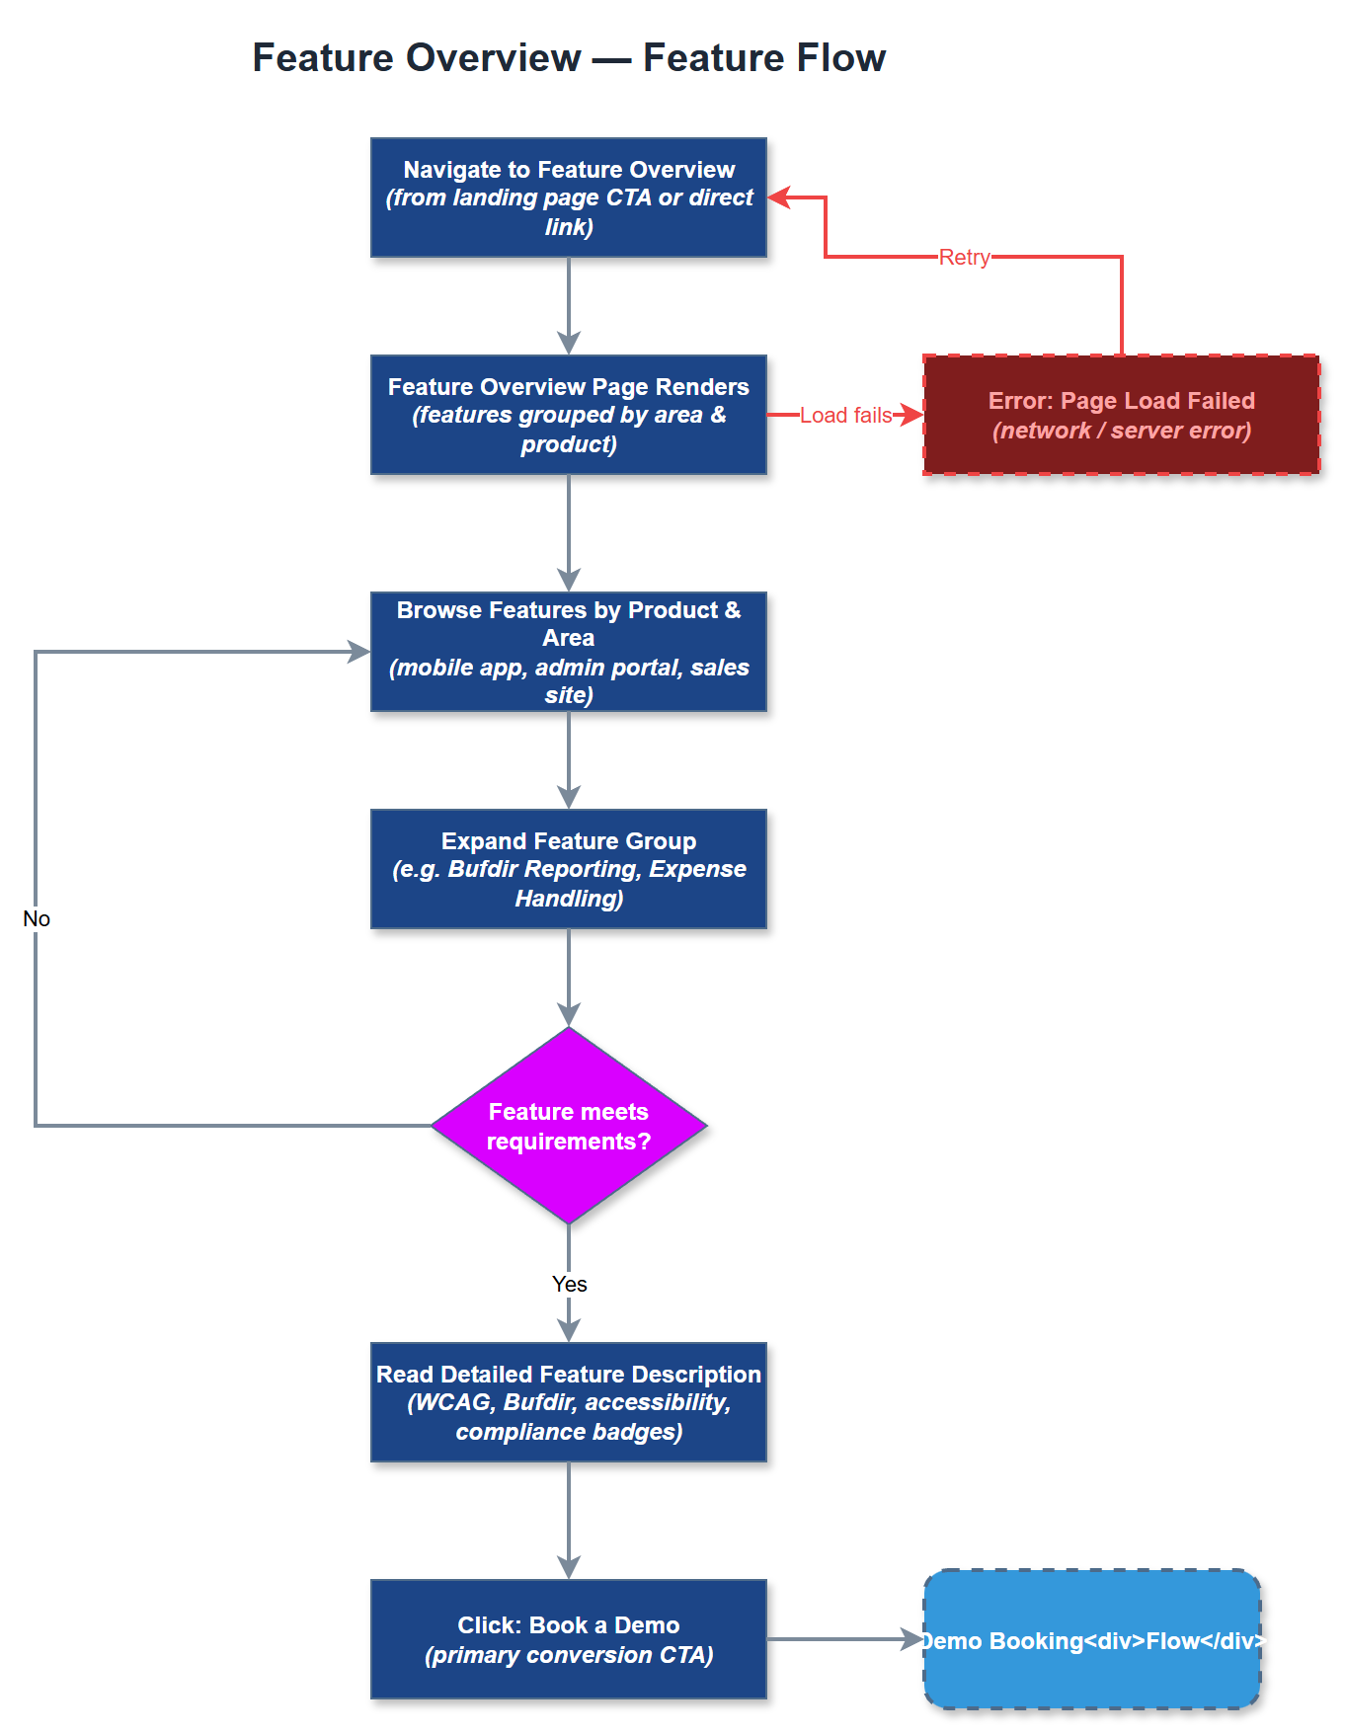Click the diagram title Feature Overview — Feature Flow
pyautogui.click(x=569, y=57)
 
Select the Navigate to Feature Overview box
pyautogui.click(x=569, y=197)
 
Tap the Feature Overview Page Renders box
pyautogui.click(x=569, y=415)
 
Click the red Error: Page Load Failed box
pyautogui.click(x=1121, y=415)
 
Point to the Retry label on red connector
pyautogui.click(x=964, y=257)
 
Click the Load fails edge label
pyautogui.click(x=845, y=415)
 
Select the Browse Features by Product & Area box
pyautogui.click(x=569, y=652)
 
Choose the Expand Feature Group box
pyautogui.click(x=569, y=869)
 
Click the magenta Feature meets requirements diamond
pyautogui.click(x=569, y=1126)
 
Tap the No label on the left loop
pyautogui.click(x=37, y=918)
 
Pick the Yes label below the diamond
pyautogui.click(x=569, y=1284)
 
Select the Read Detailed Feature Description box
pyautogui.click(x=569, y=1402)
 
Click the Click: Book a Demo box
pyautogui.click(x=569, y=1639)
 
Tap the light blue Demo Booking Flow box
pyautogui.click(x=1092, y=1639)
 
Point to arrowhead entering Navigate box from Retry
pyautogui.click(x=780, y=197)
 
